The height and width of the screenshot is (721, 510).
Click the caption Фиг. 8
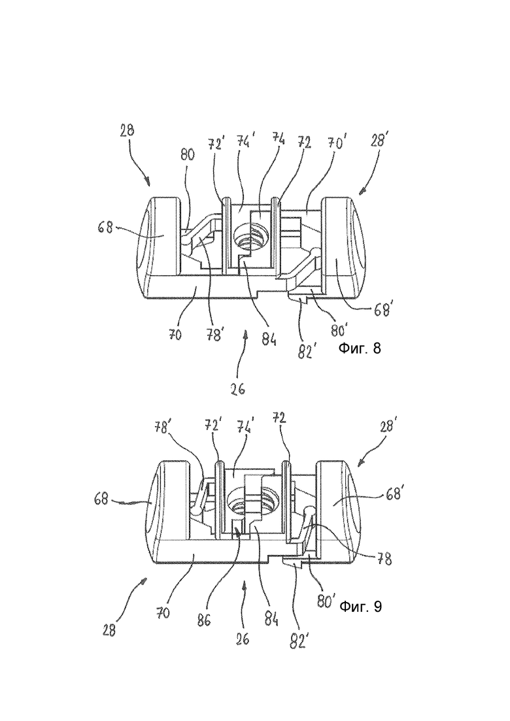pos(360,348)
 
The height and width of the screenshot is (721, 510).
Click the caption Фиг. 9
pos(360,607)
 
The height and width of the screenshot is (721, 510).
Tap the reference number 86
pos(203,619)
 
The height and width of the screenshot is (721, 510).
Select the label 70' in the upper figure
pos(335,144)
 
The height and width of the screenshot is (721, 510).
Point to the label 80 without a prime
pos(188,154)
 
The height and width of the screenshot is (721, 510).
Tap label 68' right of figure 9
pos(393,494)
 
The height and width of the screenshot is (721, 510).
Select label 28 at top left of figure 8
pos(127,131)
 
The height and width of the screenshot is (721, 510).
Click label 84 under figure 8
pos(269,339)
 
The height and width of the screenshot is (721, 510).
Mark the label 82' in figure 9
pos(298,641)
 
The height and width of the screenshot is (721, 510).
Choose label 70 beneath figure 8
pos(174,334)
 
